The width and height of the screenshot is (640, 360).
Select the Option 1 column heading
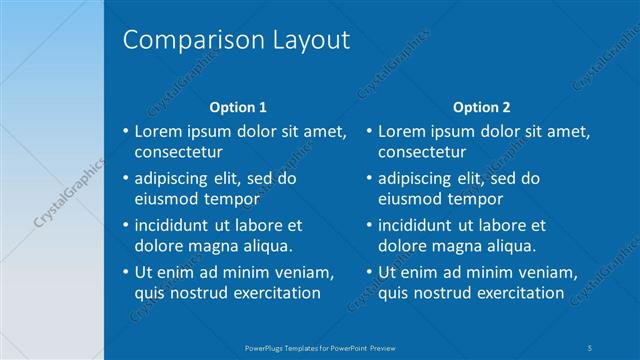coord(237,107)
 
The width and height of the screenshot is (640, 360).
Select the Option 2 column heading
coord(481,107)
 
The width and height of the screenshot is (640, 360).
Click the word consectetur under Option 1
coord(178,152)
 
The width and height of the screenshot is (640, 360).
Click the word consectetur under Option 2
coord(422,152)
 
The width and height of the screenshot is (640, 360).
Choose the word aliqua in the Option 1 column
coord(267,246)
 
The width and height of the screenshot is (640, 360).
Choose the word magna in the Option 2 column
coord(459,246)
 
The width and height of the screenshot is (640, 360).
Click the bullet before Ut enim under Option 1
coord(125,272)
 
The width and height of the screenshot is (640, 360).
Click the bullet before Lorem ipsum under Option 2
coord(369,131)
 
